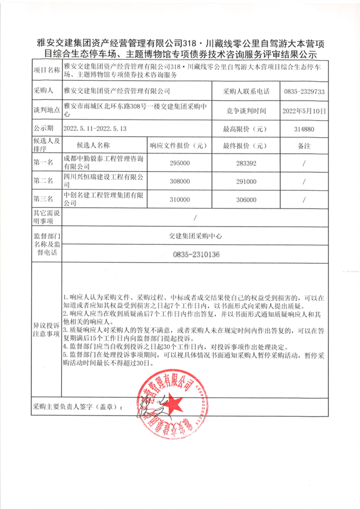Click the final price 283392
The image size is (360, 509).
246,163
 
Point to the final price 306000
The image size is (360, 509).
246,200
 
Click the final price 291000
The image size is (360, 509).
246,181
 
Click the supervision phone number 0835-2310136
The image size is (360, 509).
196,255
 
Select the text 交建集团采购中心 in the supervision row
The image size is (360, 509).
196,235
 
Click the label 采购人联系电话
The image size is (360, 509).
246,91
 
